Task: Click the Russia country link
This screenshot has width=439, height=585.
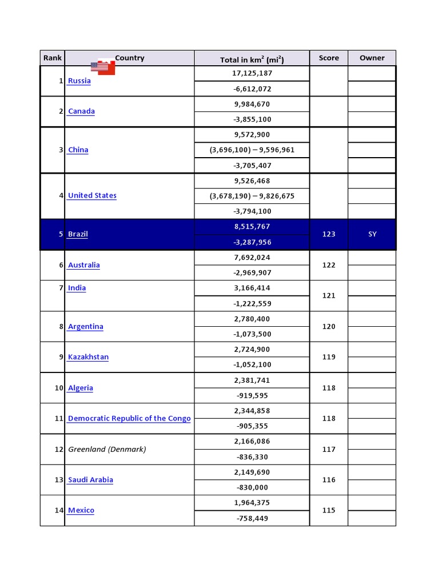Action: [79, 81]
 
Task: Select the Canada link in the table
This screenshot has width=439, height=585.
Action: [81, 111]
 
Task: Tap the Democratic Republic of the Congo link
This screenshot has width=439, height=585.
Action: [129, 419]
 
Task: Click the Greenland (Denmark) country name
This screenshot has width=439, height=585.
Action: [107, 450]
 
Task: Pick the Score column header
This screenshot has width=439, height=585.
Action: [329, 58]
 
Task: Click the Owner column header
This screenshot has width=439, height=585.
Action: [372, 58]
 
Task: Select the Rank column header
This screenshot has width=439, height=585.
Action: [52, 58]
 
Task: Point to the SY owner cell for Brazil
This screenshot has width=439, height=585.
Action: [372, 234]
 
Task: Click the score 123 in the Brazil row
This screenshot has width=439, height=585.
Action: [329, 234]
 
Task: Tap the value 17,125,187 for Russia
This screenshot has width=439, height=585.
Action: [252, 74]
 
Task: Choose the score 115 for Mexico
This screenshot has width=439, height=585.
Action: [329, 511]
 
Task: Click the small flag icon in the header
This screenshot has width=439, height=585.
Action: [103, 67]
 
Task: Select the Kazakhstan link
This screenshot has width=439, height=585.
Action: [88, 358]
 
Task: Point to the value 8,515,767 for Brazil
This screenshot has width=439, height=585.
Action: [252, 227]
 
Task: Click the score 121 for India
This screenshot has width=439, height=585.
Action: [329, 296]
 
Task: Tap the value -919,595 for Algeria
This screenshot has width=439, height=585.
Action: [252, 395]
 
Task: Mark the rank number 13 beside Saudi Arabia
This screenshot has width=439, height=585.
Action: [59, 480]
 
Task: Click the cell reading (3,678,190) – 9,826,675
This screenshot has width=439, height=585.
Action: [252, 196]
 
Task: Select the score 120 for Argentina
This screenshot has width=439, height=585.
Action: [329, 327]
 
